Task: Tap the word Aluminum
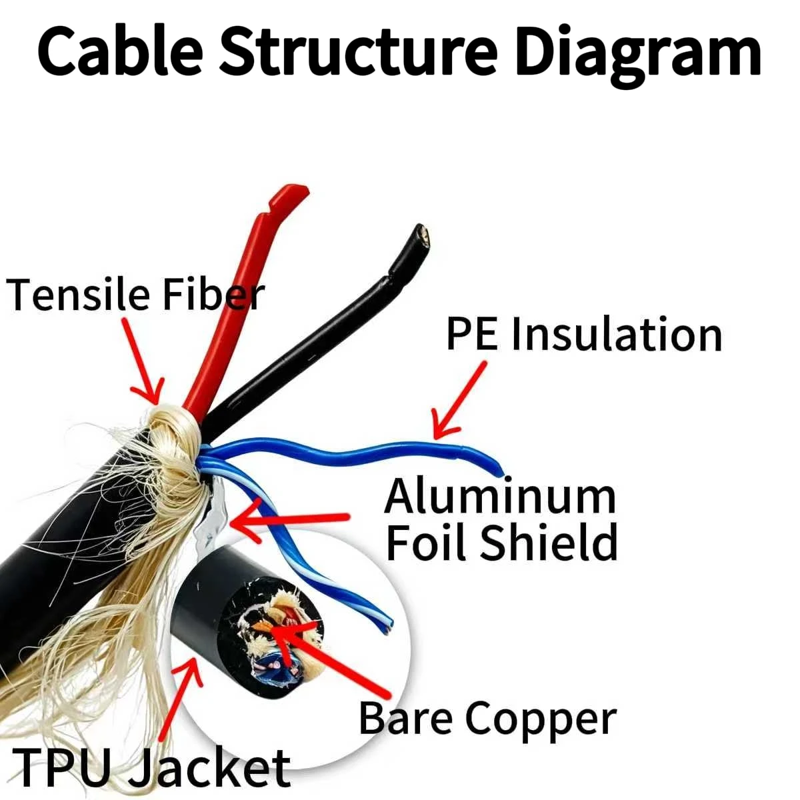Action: (500, 497)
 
